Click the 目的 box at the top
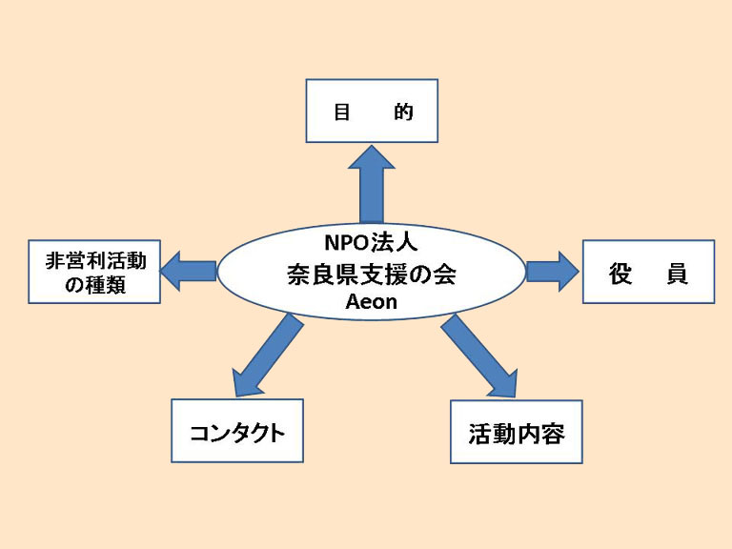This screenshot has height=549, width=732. coord(372,111)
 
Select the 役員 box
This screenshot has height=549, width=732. coord(648,272)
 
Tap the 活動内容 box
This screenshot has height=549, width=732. coord(517,432)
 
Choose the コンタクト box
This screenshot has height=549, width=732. coord(237,431)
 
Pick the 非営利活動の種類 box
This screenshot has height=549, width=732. coord(94,272)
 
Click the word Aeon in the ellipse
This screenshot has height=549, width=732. coord(371,302)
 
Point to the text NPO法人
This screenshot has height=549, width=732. coord(371,242)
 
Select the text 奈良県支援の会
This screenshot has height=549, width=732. coord(372,274)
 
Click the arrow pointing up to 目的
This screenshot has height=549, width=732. coord(372,183)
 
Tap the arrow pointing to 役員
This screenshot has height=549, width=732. coord(553,272)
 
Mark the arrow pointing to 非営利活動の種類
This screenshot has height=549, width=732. coord(189,272)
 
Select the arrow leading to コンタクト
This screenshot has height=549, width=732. coord(268,356)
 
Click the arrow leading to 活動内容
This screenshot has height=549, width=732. coord(479,356)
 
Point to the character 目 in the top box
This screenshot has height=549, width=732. coord(342,112)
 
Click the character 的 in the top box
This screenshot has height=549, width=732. coord(403,112)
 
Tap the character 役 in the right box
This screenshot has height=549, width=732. coord(620,274)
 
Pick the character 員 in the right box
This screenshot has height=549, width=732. coord(677,274)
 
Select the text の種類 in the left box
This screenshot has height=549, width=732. coord(95,284)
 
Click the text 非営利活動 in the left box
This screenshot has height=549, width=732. coord(95,260)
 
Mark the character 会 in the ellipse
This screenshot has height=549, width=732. coord(445,274)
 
